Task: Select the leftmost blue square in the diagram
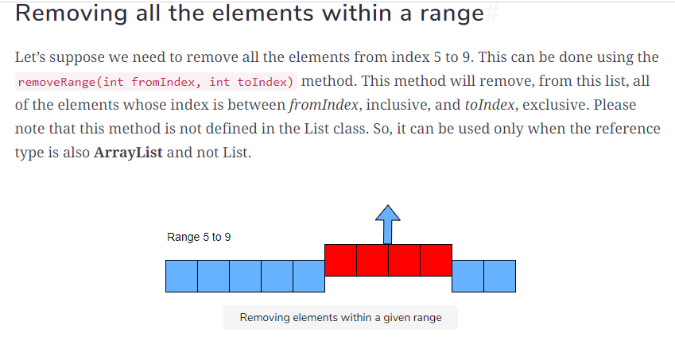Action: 181,276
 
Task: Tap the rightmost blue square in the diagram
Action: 499,276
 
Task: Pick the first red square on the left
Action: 340,260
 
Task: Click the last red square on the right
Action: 436,260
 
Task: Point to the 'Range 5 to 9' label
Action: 199,237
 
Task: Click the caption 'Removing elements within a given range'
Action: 340,318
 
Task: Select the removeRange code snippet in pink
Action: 156,82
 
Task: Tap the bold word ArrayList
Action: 128,153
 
